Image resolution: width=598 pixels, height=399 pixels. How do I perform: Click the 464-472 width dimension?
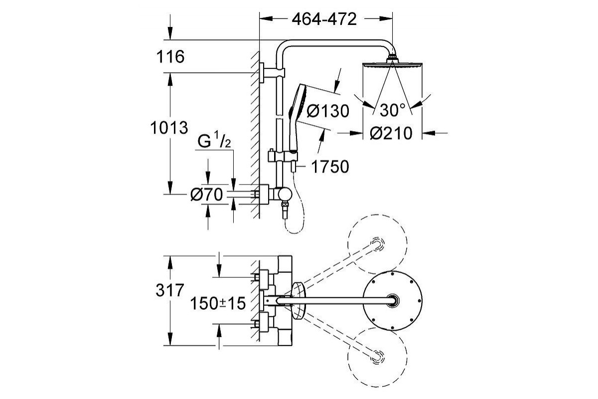pos(324,19)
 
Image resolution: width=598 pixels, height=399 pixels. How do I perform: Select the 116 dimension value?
pos(170,57)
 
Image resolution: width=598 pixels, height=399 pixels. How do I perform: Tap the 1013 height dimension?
pos(169,128)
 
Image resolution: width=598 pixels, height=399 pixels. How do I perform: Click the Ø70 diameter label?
pos(206,195)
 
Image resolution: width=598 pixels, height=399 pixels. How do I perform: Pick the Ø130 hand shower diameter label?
pos(328,111)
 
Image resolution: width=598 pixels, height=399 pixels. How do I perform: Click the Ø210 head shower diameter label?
pos(391,133)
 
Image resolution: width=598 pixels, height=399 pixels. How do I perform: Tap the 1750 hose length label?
pos(330,167)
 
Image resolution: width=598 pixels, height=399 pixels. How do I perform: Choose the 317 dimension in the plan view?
pos(170,290)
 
